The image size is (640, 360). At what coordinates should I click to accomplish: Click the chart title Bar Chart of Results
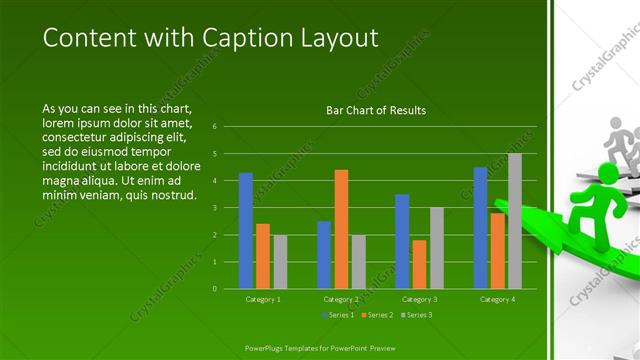click(x=376, y=110)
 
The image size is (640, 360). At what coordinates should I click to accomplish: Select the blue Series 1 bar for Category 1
click(x=246, y=230)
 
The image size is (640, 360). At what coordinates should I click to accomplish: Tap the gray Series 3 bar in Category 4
click(x=515, y=221)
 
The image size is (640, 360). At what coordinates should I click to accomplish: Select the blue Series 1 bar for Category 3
click(x=402, y=241)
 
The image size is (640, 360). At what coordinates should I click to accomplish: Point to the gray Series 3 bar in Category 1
click(x=280, y=262)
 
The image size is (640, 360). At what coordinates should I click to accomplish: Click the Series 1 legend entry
click(x=339, y=315)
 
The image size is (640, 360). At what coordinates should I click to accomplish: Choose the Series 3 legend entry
click(x=417, y=315)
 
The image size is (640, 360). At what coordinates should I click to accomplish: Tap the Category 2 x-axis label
click(x=341, y=299)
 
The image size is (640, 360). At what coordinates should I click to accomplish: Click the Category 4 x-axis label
click(x=497, y=299)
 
